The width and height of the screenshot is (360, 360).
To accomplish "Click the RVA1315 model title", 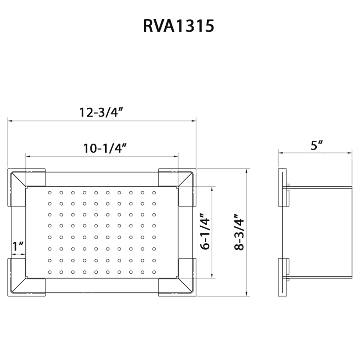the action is (x=179, y=26).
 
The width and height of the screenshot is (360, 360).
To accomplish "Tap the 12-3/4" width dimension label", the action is (x=101, y=112).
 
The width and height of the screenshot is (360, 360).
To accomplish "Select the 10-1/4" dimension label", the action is (x=105, y=148).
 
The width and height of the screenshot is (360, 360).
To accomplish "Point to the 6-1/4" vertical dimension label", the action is (x=205, y=232).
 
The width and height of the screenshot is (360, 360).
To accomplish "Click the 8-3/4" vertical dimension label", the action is (x=239, y=232).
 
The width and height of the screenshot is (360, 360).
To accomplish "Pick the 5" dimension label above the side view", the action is (x=317, y=145).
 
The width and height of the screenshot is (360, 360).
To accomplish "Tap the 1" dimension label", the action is (x=18, y=246).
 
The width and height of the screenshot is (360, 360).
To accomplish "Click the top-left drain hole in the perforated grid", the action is (x=50, y=193).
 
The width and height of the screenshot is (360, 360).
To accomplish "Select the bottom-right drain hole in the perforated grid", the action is (x=154, y=272).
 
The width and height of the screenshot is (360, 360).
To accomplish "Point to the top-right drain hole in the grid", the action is (x=154, y=193).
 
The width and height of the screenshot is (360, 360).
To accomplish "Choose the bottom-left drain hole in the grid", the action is (x=50, y=272).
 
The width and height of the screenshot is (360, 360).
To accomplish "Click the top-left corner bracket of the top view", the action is (x=26, y=187).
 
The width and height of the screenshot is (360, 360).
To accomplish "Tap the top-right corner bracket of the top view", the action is (x=177, y=187).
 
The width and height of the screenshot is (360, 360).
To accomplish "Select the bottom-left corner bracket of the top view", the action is (x=26, y=277).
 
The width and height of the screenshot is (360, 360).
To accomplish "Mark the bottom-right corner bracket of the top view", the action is (x=177, y=277).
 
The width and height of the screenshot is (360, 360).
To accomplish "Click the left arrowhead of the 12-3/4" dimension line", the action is (x=10, y=121).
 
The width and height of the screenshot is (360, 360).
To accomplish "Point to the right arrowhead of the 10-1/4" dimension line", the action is (x=176, y=156).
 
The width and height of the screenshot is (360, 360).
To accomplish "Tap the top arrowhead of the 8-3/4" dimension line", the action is (x=246, y=171).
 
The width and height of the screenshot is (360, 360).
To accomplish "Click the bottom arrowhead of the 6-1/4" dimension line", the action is (x=212, y=276).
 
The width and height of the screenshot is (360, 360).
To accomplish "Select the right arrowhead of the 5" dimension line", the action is (x=350, y=153).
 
